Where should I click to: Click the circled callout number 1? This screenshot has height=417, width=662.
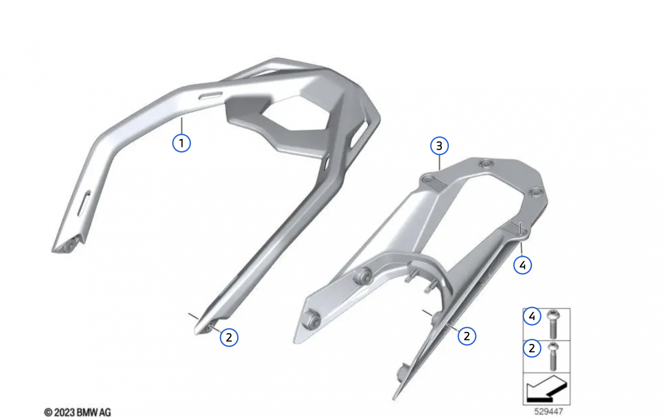(x=181, y=143)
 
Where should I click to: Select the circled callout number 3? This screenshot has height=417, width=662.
(x=439, y=146)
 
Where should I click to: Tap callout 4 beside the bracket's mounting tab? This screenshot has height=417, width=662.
(x=522, y=265)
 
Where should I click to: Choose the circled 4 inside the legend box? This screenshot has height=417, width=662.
(x=532, y=316)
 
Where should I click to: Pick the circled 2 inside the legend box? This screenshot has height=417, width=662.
(x=532, y=348)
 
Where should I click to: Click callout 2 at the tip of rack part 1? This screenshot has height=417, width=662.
(x=229, y=337)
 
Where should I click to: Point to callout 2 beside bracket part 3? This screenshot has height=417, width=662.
(x=467, y=336)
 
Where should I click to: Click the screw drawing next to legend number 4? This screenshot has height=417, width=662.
(x=553, y=324)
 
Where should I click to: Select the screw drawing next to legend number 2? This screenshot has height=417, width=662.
(x=553, y=356)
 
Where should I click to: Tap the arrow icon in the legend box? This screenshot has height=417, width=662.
(x=546, y=389)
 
